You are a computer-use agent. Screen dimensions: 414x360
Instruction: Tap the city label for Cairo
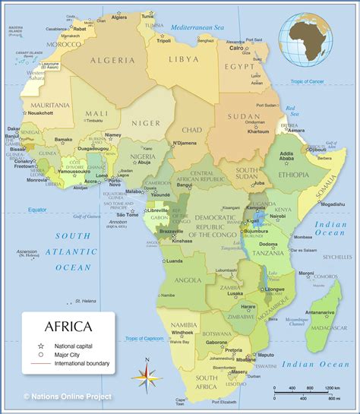coord(237,47)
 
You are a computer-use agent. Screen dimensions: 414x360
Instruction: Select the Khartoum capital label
coord(258,131)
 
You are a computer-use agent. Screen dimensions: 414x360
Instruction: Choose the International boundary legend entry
coord(81,364)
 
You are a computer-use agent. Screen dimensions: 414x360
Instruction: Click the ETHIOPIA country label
coord(294,175)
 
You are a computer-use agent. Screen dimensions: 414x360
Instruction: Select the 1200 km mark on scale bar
coord(331,388)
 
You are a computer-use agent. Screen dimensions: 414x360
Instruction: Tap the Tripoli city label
coord(163,40)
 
